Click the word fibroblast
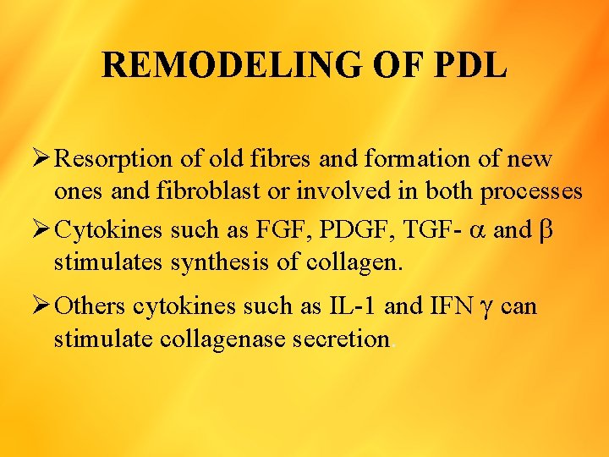tap(236, 191)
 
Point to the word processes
tap(531, 192)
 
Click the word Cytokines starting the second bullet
tap(111, 230)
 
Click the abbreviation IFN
tap(450, 306)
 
